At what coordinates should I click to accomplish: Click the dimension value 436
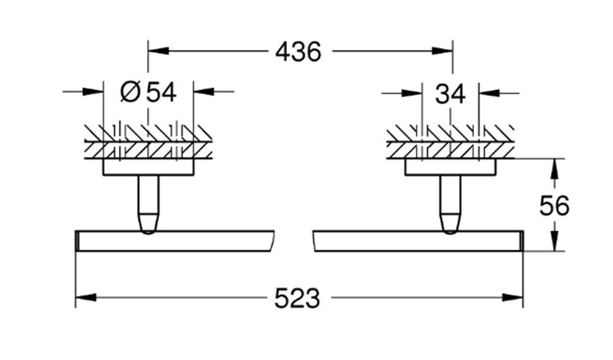(298, 51)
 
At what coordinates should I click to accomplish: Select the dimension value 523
(298, 297)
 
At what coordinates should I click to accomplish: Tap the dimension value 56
(555, 206)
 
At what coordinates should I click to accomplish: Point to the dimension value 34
(450, 93)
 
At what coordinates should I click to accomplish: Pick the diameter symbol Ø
(131, 92)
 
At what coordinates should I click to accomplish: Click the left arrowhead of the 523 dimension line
(85, 297)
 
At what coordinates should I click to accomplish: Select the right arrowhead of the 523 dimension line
(514, 297)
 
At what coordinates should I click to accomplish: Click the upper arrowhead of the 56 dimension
(554, 168)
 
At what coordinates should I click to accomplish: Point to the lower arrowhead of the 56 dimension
(554, 242)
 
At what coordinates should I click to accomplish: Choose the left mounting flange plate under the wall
(149, 167)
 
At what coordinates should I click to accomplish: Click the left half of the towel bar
(173, 241)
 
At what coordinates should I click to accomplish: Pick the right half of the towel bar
(418, 241)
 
